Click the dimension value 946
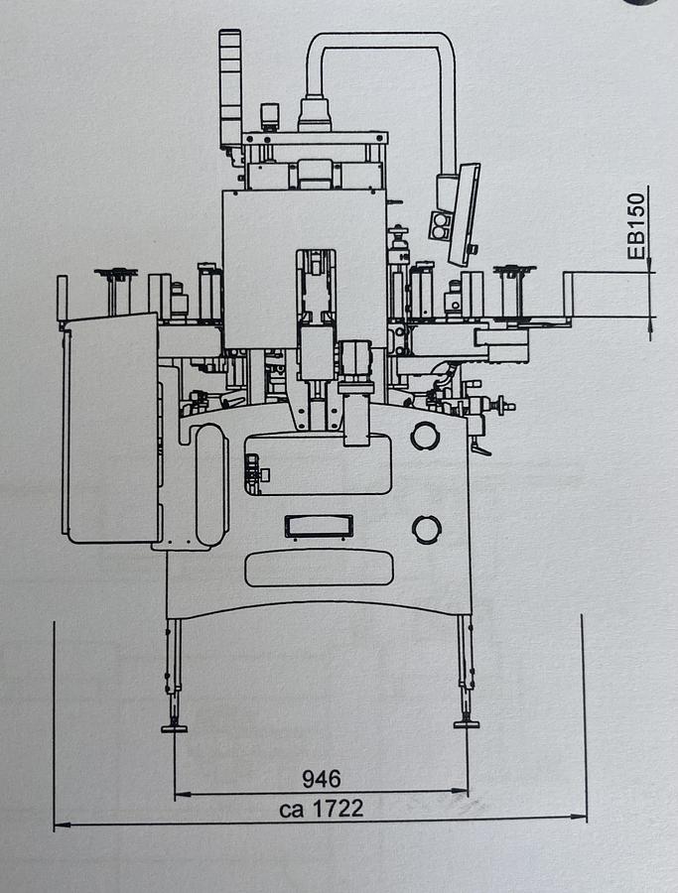click(322, 779)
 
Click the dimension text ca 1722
click(322, 808)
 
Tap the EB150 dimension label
click(636, 226)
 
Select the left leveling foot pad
click(174, 728)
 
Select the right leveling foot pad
click(466, 724)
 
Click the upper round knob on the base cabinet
click(425, 436)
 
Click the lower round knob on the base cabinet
click(426, 529)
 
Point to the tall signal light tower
click(230, 91)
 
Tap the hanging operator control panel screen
click(464, 214)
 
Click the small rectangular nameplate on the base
click(319, 526)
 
